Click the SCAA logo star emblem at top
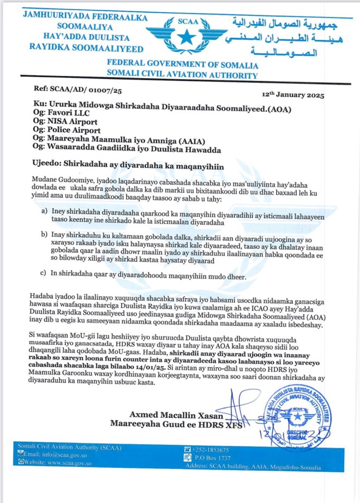tap(187, 37)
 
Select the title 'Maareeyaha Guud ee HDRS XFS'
tap(176, 423)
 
